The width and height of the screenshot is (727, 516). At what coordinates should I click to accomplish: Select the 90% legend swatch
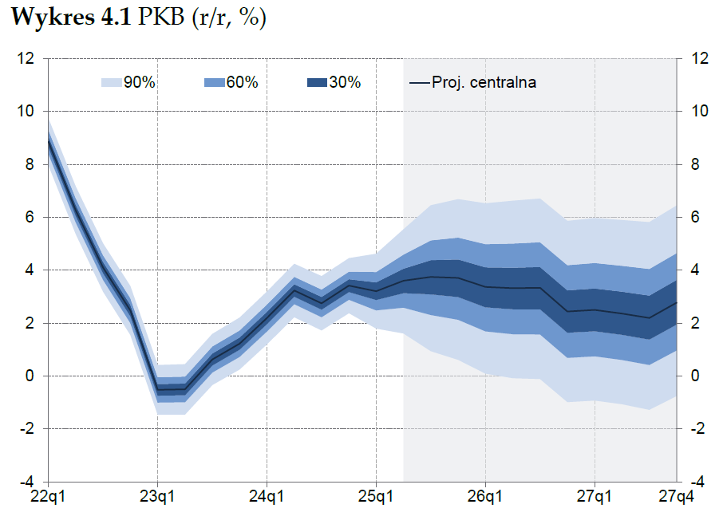pos(111,82)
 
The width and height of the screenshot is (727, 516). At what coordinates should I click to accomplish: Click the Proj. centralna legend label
pos(484,82)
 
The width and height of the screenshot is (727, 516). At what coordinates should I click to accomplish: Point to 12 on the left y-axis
pos(27,58)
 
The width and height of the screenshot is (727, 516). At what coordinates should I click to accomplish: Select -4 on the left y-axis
pos(27,482)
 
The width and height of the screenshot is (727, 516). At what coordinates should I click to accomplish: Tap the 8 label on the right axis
pos(696,164)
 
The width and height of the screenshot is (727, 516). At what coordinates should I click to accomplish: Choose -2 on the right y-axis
pos(698,429)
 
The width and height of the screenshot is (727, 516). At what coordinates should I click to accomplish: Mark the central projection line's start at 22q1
pos(49,141)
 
